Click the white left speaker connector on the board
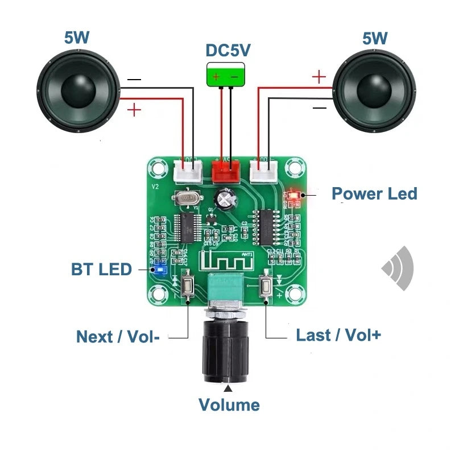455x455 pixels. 187,169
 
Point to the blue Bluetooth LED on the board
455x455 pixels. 160,268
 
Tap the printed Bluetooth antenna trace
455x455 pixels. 224,263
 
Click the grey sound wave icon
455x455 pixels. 399,267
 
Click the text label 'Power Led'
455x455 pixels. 374,193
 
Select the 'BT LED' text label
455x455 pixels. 101,269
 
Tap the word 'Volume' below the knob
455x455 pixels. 229,405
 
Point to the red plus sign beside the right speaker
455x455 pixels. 320,77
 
